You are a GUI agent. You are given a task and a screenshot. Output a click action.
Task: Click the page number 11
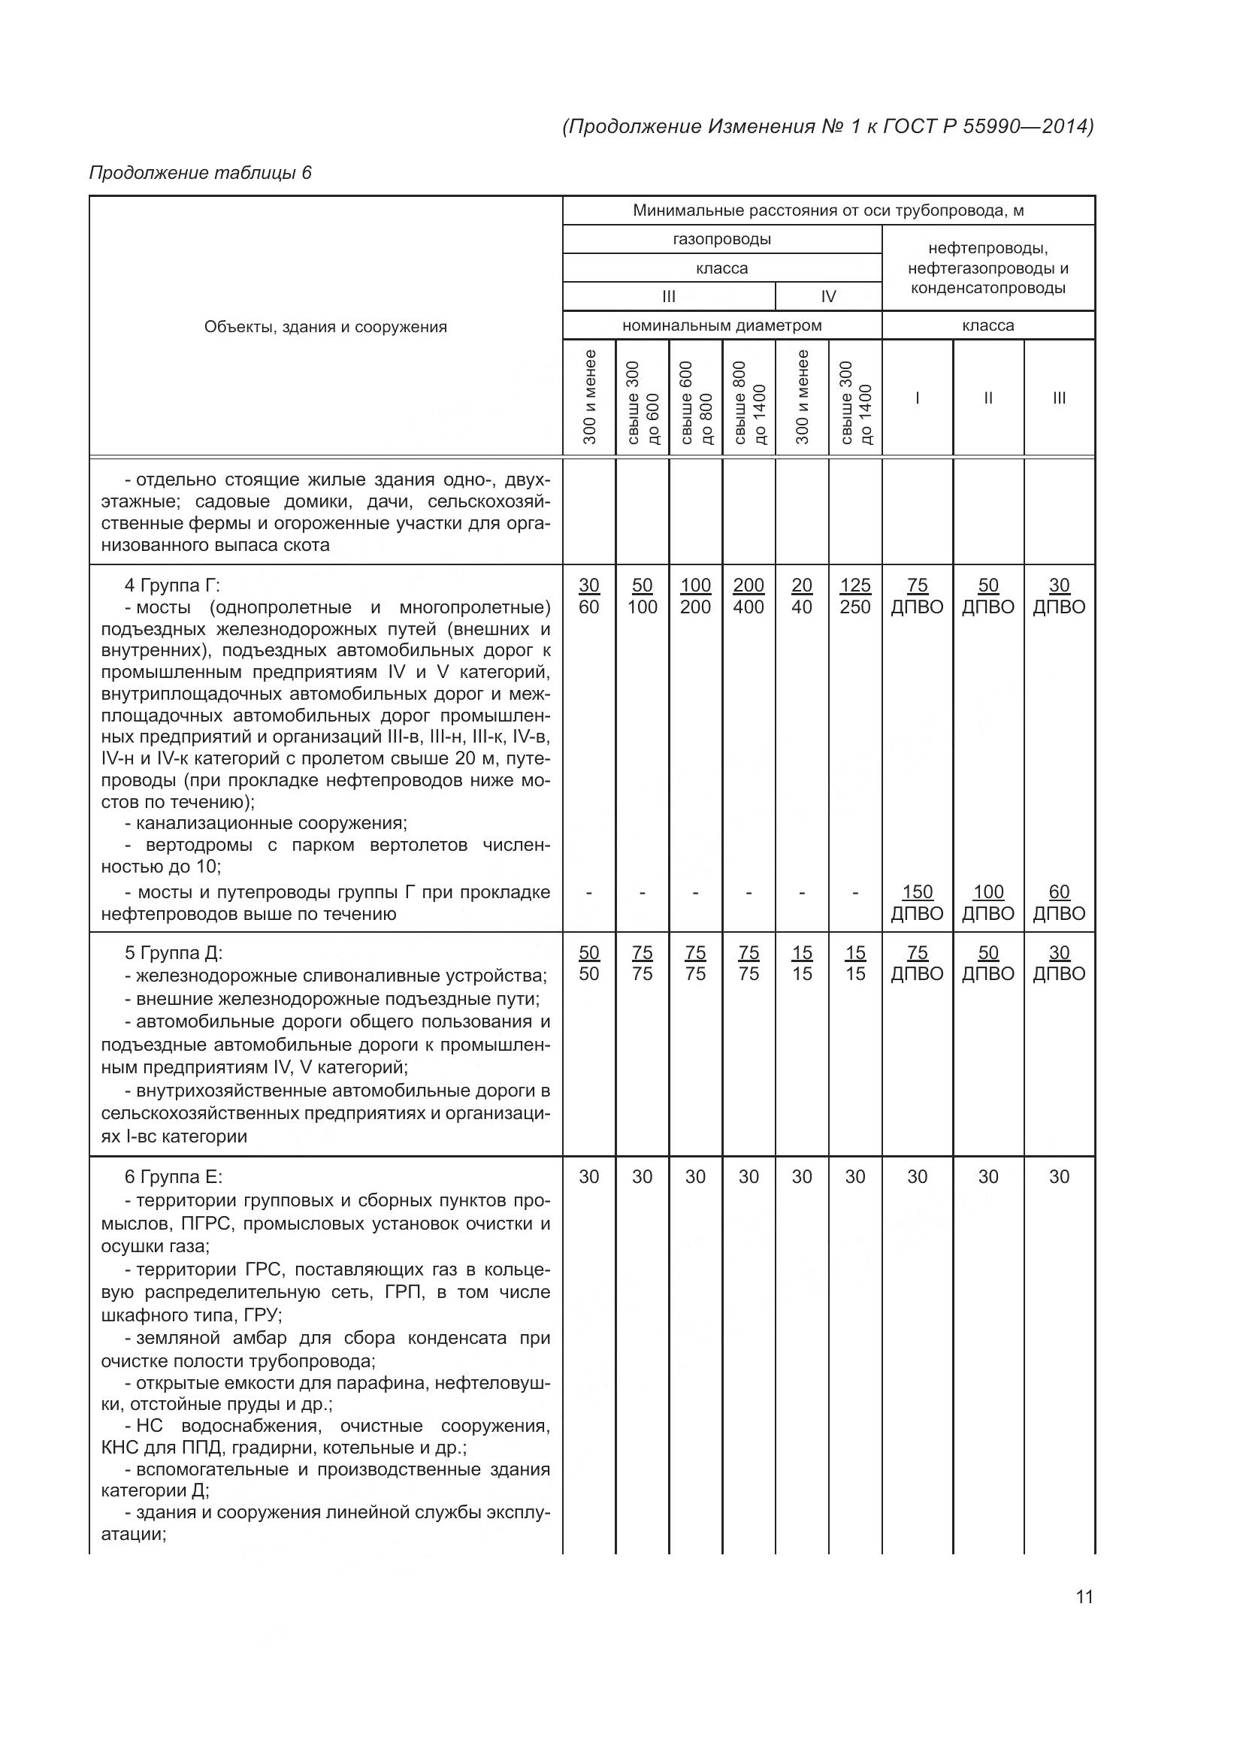[1084, 1596]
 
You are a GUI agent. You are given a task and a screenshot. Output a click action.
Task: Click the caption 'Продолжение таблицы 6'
[201, 173]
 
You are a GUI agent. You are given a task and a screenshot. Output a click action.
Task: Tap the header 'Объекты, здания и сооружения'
[325, 327]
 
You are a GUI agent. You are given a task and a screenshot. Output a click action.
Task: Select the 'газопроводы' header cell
[721, 239]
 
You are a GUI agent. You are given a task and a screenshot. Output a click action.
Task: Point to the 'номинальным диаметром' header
[721, 325]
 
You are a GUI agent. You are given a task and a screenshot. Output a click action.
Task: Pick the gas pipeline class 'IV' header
[828, 296]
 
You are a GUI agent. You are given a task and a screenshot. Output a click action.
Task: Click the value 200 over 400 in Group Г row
[749, 597]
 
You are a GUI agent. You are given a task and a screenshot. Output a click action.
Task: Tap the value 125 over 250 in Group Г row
[855, 597]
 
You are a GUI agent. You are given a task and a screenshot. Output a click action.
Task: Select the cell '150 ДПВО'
[917, 903]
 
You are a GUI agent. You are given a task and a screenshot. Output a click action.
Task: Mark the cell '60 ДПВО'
[1060, 903]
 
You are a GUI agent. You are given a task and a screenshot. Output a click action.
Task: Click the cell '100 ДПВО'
[988, 903]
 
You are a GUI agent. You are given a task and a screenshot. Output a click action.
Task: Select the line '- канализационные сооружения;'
[265, 823]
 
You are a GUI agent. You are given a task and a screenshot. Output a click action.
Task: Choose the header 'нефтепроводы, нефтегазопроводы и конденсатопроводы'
[988, 268]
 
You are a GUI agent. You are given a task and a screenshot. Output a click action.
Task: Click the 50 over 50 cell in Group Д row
[588, 964]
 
